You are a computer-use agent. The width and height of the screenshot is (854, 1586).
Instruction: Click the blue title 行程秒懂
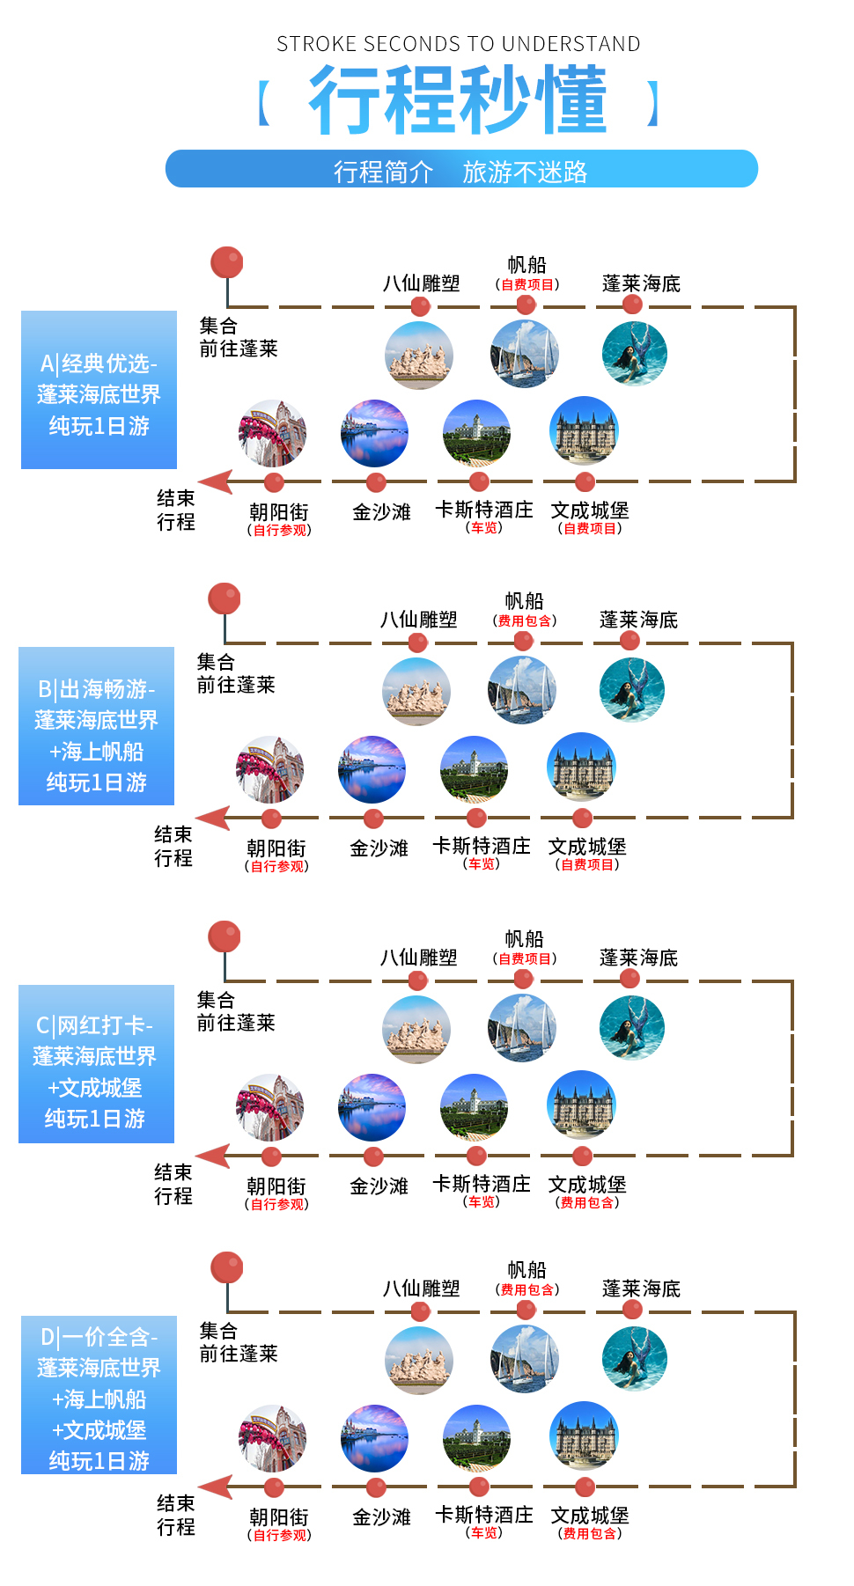458,100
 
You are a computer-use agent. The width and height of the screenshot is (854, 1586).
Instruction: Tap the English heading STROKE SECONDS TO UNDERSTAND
459,44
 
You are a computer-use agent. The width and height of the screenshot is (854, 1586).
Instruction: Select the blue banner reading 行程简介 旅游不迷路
461,169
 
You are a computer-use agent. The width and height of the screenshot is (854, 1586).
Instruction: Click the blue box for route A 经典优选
99,390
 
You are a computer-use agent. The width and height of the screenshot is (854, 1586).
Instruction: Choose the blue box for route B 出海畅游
96,726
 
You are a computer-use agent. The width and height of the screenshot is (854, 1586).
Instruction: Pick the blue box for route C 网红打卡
96,1064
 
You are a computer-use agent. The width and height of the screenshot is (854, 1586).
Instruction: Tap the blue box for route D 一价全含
99,1395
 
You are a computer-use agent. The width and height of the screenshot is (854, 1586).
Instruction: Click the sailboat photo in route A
525,355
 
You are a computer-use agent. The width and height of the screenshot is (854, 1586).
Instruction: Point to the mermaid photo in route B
632,690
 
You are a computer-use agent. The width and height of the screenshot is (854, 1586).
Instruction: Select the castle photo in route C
581,1105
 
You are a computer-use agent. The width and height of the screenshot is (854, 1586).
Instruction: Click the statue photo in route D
419,1360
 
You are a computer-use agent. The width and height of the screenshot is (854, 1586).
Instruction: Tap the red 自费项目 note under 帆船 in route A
527,284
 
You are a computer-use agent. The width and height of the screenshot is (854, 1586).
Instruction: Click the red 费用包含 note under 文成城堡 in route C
587,1202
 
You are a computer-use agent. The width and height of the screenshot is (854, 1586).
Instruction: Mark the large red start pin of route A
226,262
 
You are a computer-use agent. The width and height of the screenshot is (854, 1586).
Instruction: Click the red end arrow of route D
216,1487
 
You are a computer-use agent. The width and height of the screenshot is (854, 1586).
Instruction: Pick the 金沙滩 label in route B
379,848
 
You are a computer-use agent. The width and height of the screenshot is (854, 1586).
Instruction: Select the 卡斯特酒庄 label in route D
484,1515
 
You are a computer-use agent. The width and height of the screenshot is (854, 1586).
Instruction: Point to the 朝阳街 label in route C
276,1186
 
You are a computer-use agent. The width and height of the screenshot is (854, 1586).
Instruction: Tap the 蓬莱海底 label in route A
642,283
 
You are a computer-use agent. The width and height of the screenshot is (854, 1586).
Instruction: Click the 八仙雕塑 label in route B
419,620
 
